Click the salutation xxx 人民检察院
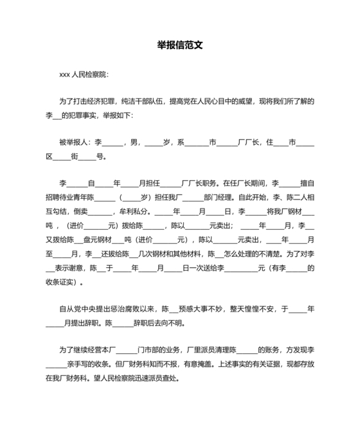pyautogui.click(x=84, y=75)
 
